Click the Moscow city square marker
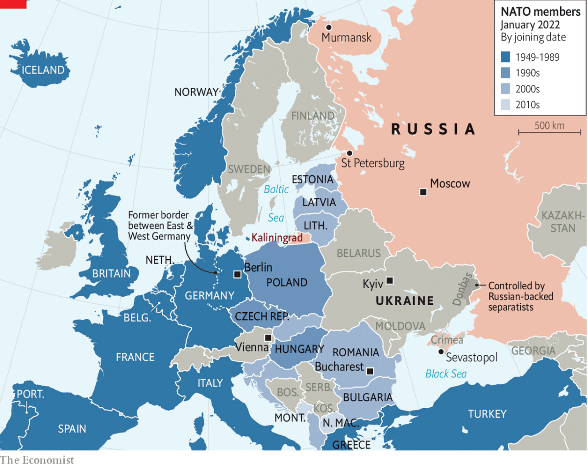pos(423,192)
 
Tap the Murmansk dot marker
pos(329,27)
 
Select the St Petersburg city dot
pos(349,153)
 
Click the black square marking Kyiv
pos(390,281)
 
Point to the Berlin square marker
pos(237,274)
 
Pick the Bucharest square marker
pos(370,371)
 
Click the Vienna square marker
pos(268,338)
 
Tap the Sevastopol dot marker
pos(441,352)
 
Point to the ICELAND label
pos(43,70)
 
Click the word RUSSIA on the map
pos(434,129)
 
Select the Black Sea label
pos(445,374)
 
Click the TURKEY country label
pos(487,414)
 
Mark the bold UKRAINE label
pos(405,300)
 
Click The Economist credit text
pos(37,460)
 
